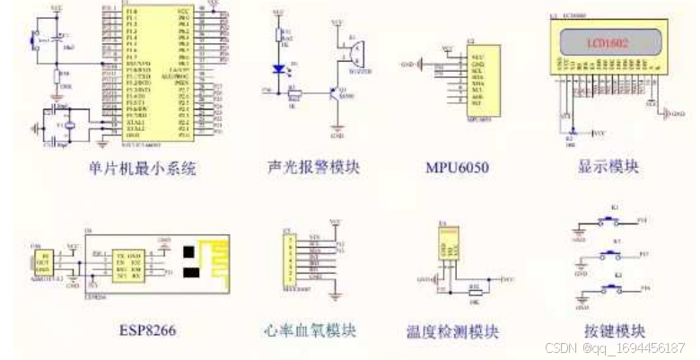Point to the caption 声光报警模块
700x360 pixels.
point(311,167)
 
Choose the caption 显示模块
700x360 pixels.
point(609,167)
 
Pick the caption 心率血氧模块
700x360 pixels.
point(311,329)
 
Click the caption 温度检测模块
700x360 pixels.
point(452,331)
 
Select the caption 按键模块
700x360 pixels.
point(609,329)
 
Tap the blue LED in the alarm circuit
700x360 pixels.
point(277,68)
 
